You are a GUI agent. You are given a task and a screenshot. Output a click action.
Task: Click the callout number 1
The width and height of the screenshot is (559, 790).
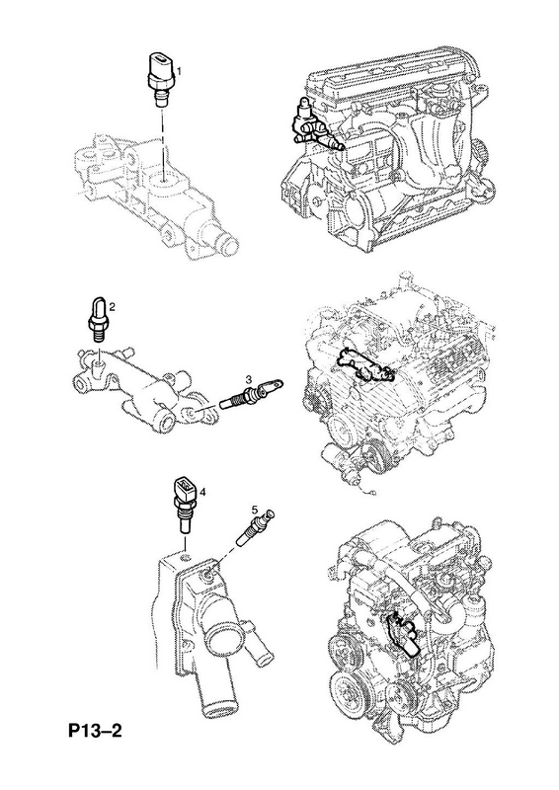coord(179,68)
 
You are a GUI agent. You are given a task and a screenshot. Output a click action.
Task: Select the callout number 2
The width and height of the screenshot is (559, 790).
coord(112,306)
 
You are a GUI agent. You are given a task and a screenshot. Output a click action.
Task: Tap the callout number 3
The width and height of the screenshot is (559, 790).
coord(249,378)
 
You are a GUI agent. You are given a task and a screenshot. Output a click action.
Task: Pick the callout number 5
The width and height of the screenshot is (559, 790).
coord(254,510)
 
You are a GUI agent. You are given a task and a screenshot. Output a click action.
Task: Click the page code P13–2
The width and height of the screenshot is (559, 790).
coord(95,730)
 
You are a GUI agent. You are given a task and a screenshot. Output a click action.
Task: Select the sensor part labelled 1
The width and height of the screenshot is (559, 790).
coord(161,78)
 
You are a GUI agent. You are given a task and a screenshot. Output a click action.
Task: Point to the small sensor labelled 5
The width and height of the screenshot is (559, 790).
coord(255,527)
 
